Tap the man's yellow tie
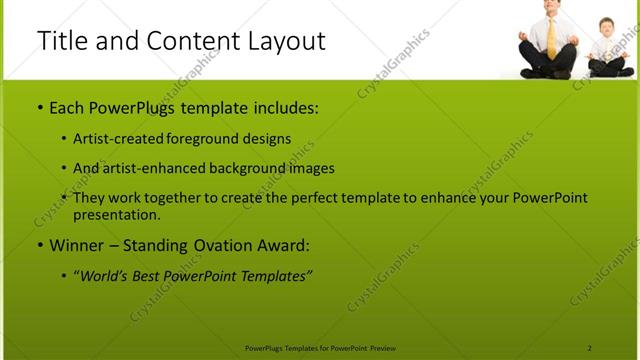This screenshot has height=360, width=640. (x=552, y=35)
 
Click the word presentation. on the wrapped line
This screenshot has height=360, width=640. (x=116, y=214)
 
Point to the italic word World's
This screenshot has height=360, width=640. (x=108, y=275)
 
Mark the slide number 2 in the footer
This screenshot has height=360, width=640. (x=589, y=347)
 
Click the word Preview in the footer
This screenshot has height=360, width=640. (x=383, y=347)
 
